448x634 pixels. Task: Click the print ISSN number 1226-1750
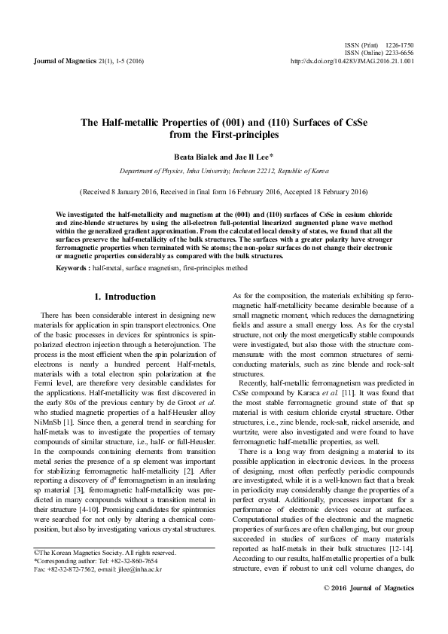click(x=399, y=46)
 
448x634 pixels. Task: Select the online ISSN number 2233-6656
click(x=399, y=53)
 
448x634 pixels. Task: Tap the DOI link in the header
click(x=352, y=61)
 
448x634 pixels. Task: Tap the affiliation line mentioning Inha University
click(x=224, y=171)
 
